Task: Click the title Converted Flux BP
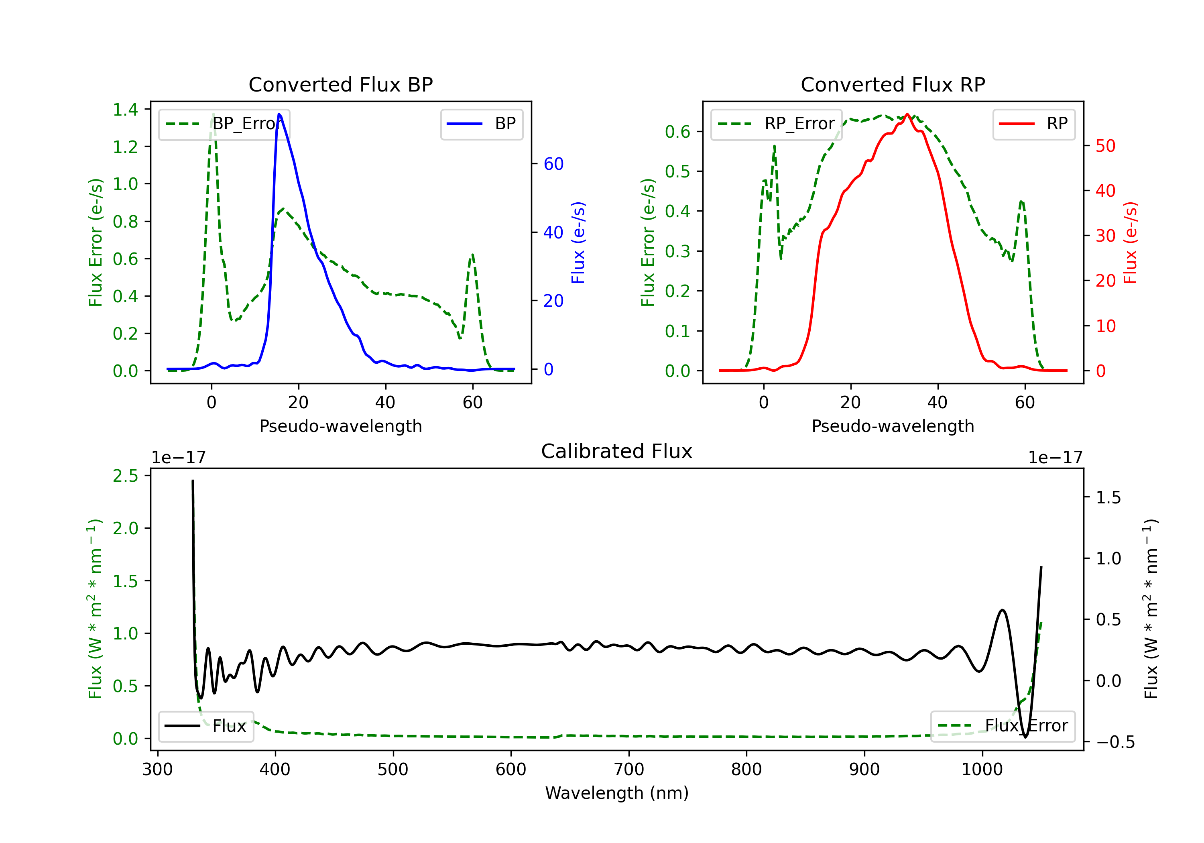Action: [340, 84]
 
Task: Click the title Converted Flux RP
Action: [893, 84]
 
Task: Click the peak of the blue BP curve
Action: [279, 114]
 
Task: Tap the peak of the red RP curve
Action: [907, 114]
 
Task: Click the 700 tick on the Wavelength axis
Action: [629, 770]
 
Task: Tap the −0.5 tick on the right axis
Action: [1115, 742]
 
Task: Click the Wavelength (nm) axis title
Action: [617, 793]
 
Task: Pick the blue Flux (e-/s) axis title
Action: [578, 242]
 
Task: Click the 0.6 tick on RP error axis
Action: [677, 132]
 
